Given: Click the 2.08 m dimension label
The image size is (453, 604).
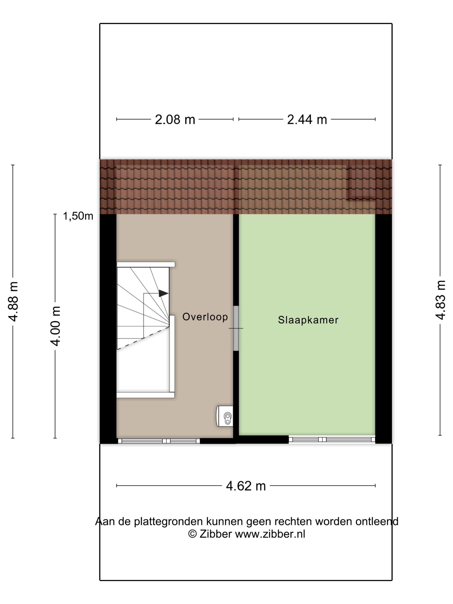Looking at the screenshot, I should coord(175,120).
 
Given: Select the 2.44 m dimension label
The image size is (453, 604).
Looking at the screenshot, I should coord(307,120).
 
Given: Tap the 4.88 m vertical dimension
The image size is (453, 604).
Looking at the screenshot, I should coord(13,301).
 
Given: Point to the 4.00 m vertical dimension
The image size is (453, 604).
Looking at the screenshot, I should coord(55,326).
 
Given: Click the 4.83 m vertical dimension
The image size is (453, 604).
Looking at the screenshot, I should coord(440,300).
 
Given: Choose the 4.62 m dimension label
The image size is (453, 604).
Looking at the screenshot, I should coord(246,486).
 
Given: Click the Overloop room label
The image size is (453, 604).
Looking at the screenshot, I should coord(205,317).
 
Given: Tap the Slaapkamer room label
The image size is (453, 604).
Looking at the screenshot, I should coord(308,320).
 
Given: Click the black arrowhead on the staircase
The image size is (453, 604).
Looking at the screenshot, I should coord(164,293).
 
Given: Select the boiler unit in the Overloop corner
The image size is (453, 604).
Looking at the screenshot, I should coord(225,416).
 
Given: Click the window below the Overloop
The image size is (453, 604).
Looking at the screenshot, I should coord(158,441).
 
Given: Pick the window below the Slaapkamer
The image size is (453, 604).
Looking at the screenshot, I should coord(332,440).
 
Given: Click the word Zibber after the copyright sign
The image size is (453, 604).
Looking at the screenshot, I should coord(216,534).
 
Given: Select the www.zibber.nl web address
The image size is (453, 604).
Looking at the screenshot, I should coord(270,534).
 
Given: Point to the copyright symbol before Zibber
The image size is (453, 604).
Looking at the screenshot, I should coord(192,534).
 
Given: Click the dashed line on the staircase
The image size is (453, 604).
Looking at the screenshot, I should coord(143,339).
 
